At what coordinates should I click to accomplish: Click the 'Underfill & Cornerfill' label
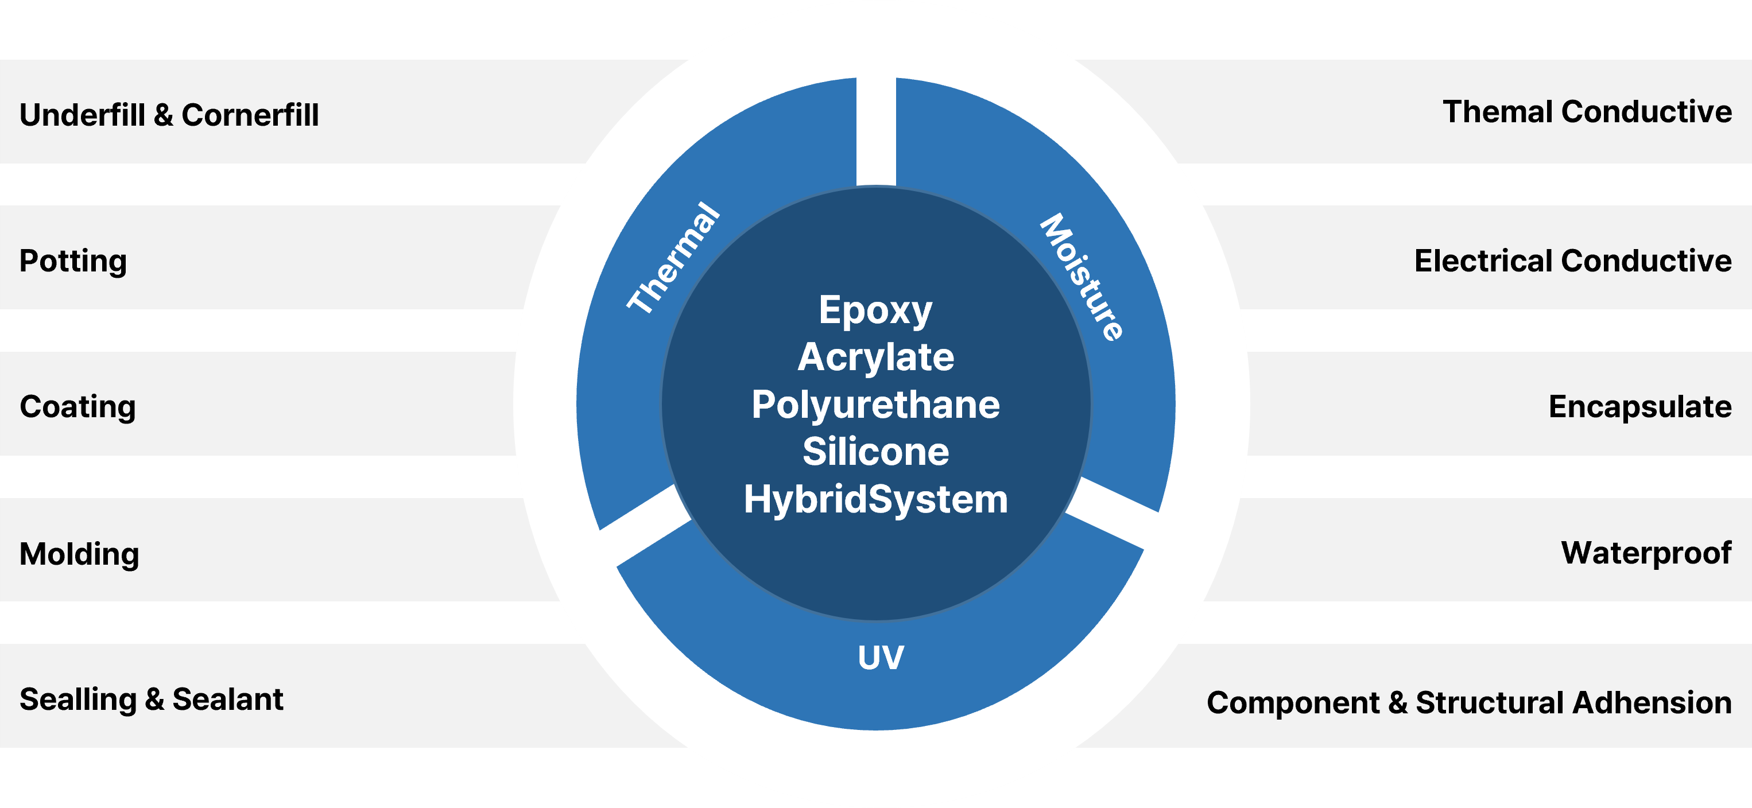[169, 115]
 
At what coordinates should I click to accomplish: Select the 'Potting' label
[73, 261]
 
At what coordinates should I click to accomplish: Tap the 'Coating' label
[77, 407]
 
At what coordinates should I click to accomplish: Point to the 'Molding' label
[79, 554]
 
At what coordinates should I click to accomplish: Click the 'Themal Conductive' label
[1587, 111]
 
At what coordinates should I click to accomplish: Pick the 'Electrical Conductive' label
[1572, 261]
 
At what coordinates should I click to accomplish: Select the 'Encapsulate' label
[1640, 407]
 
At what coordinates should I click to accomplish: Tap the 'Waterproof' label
[1646, 553]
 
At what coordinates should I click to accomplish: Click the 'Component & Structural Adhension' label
[1468, 702]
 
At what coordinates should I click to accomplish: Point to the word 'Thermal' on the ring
[673, 258]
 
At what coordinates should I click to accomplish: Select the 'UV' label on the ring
[881, 658]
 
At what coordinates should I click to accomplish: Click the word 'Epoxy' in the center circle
[875, 311]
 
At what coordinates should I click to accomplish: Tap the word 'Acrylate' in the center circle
[875, 357]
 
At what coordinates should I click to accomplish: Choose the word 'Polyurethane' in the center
[875, 405]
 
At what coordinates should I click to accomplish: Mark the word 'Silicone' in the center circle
[875, 452]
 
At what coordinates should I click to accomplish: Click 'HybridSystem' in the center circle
[875, 499]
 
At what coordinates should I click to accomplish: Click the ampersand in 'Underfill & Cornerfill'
[163, 115]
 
